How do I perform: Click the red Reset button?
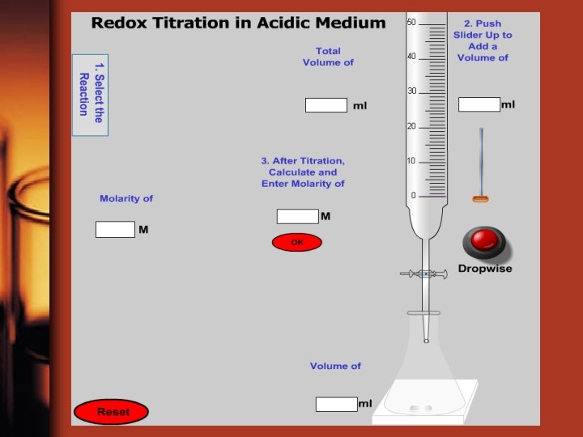point(112,412)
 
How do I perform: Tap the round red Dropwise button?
point(483,241)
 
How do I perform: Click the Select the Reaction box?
point(90,95)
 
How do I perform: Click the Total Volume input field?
point(326,105)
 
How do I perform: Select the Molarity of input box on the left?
point(115,230)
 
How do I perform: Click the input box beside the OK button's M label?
point(297,216)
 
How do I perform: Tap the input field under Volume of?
point(336,404)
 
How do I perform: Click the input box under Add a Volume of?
point(479,104)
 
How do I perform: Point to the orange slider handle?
point(481,199)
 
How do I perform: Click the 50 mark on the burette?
point(411,23)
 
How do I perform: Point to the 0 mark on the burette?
point(413,196)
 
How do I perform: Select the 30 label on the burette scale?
point(411,91)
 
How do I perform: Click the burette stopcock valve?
point(425,274)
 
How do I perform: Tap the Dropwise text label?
point(485,269)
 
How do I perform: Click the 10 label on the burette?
point(411,161)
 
